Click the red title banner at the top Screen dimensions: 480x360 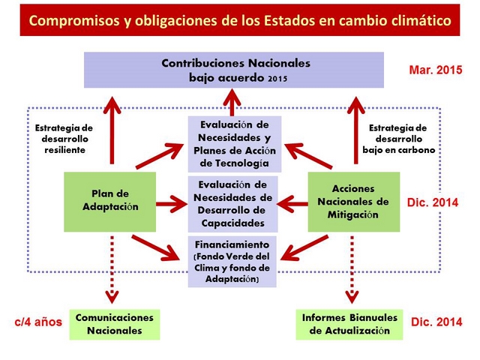click(x=240, y=20)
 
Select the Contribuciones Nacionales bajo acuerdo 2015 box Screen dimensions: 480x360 click(x=234, y=70)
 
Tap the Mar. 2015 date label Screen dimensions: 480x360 click(x=436, y=70)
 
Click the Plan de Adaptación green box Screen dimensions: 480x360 click(x=110, y=202)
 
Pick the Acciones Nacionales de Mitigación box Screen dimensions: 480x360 click(x=354, y=202)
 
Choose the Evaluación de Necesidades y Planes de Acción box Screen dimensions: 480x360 click(x=235, y=144)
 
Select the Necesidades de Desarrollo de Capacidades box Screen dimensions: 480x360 click(x=233, y=204)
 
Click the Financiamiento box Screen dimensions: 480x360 click(x=232, y=262)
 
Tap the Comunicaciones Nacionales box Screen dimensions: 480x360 click(x=115, y=325)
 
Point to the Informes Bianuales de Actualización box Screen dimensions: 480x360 click(x=349, y=325)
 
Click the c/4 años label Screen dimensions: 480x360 click(x=38, y=322)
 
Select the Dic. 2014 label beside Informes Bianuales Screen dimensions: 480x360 click(x=436, y=322)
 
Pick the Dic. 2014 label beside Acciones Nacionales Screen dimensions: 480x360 click(x=433, y=202)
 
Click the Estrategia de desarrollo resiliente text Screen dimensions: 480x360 click(x=64, y=139)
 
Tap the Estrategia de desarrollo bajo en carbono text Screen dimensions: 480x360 click(x=398, y=139)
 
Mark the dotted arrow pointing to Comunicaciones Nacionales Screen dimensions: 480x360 click(x=112, y=269)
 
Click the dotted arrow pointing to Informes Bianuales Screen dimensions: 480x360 click(x=352, y=269)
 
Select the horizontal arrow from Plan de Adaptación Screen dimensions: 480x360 click(x=172, y=204)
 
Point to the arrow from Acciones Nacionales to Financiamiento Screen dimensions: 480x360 click(x=304, y=248)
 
